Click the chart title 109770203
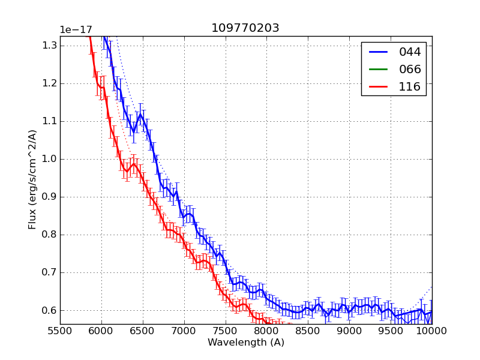point(245,28)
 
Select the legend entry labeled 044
point(410,52)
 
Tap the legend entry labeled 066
point(410,69)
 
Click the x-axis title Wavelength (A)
point(246,343)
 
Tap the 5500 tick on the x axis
point(60,331)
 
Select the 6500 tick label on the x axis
point(142,331)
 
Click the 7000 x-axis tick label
point(184,331)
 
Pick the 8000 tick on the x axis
point(266,331)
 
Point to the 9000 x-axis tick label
point(349,331)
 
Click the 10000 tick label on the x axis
point(431,331)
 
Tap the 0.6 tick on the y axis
point(49,310)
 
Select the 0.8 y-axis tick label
point(49,235)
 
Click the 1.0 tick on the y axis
point(49,159)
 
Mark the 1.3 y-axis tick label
point(49,46)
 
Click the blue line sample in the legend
point(378,52)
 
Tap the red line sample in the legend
point(378,86)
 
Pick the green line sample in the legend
point(378,69)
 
